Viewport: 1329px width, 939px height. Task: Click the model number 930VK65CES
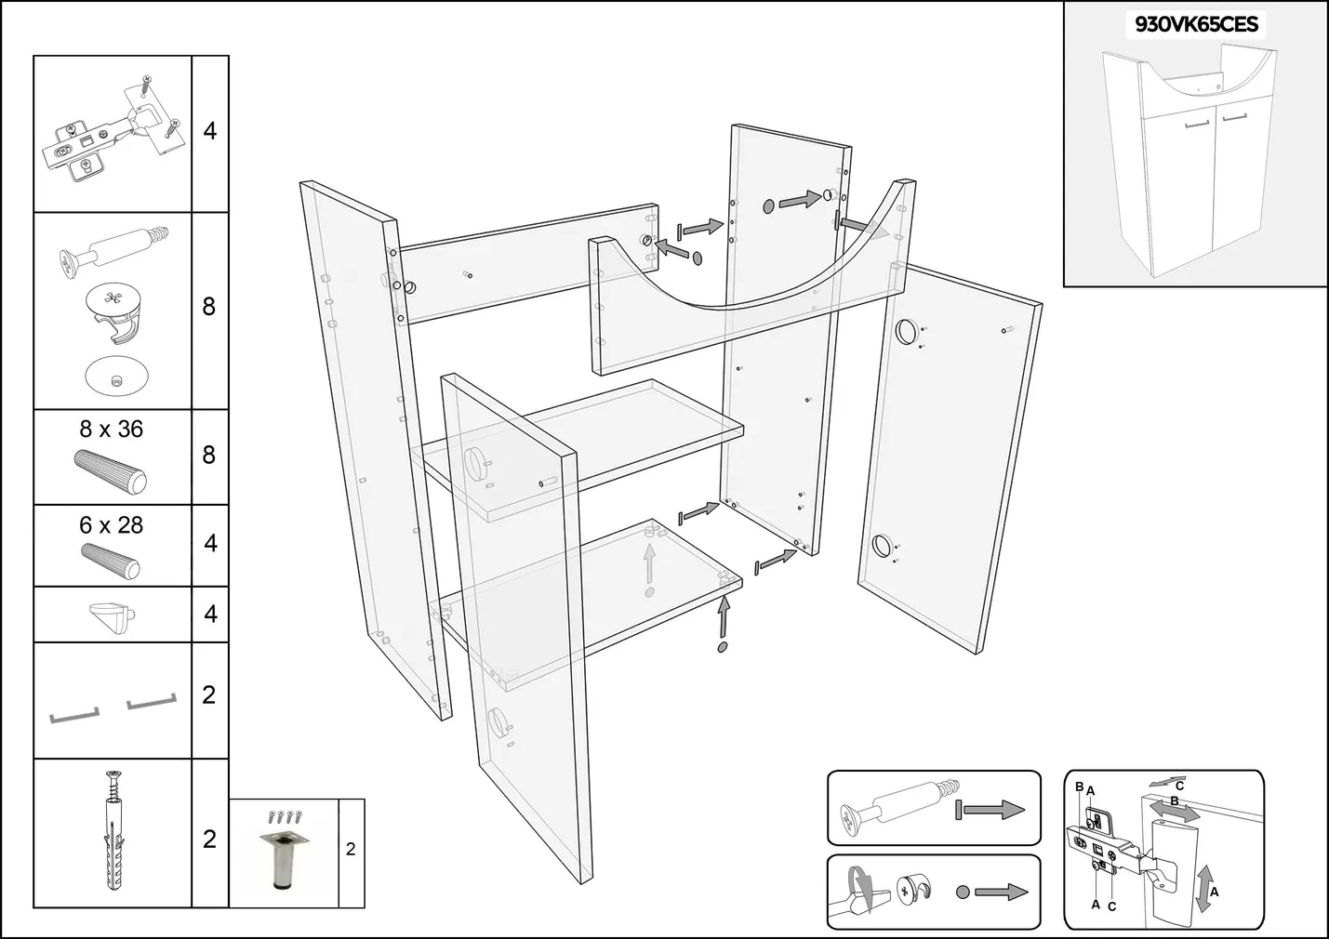point(1196,25)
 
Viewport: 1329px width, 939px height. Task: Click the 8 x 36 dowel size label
point(111,430)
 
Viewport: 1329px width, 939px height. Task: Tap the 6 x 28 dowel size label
point(111,525)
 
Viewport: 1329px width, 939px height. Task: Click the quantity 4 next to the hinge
point(210,131)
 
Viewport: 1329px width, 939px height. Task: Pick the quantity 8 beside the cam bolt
point(209,307)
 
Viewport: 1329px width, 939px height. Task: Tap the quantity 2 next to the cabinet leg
point(351,849)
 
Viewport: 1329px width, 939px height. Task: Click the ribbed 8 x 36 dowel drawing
point(109,469)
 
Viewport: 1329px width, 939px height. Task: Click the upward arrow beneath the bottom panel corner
point(724,617)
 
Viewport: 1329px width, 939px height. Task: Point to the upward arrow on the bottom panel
point(650,563)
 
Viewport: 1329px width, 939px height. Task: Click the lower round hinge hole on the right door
point(881,546)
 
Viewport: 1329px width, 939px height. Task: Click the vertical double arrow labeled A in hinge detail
point(1205,887)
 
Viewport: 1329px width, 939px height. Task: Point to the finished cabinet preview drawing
point(1185,163)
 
